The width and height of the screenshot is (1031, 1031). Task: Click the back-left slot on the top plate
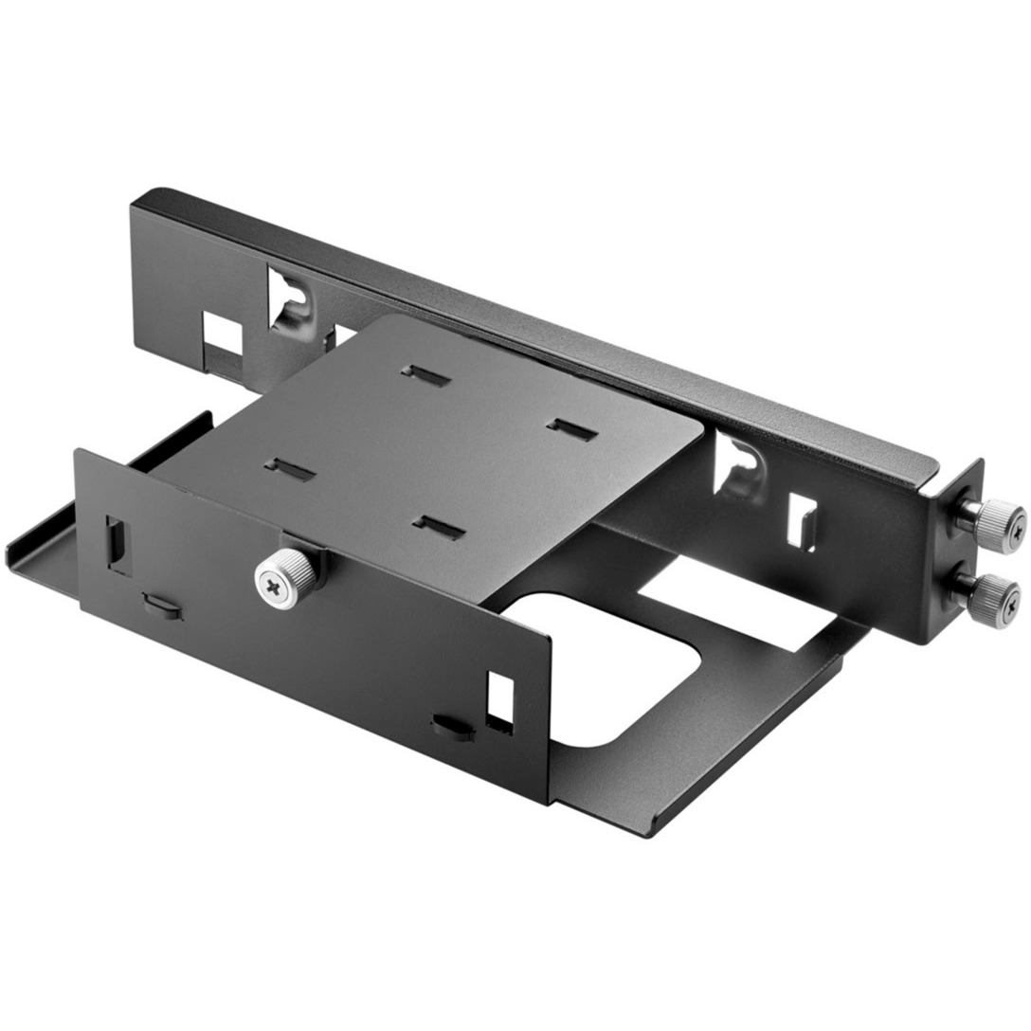pyautogui.click(x=425, y=375)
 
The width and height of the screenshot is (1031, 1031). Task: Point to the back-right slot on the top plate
pyautogui.click(x=572, y=430)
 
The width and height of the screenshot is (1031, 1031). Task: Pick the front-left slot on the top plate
pyautogui.click(x=289, y=469)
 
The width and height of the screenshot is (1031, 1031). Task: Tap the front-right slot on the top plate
pyautogui.click(x=439, y=527)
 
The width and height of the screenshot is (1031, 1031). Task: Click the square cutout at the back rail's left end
pyautogui.click(x=223, y=333)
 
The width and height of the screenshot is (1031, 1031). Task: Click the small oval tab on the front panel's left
pyautogui.click(x=160, y=604)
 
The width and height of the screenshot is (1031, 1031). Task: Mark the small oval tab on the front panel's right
pyautogui.click(x=452, y=726)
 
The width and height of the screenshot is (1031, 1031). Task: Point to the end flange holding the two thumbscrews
pyautogui.click(x=957, y=559)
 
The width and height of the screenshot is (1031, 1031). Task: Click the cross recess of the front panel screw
pyautogui.click(x=275, y=579)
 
